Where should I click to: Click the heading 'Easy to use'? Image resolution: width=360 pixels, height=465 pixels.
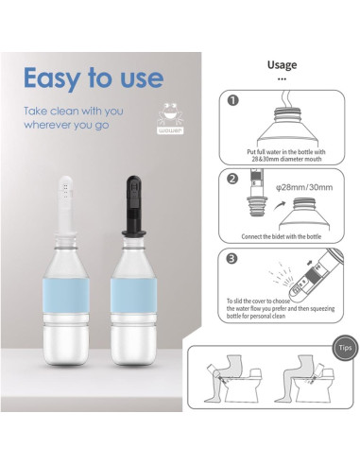(93, 77)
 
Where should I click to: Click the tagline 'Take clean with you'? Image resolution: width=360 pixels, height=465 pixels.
(75, 111)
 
